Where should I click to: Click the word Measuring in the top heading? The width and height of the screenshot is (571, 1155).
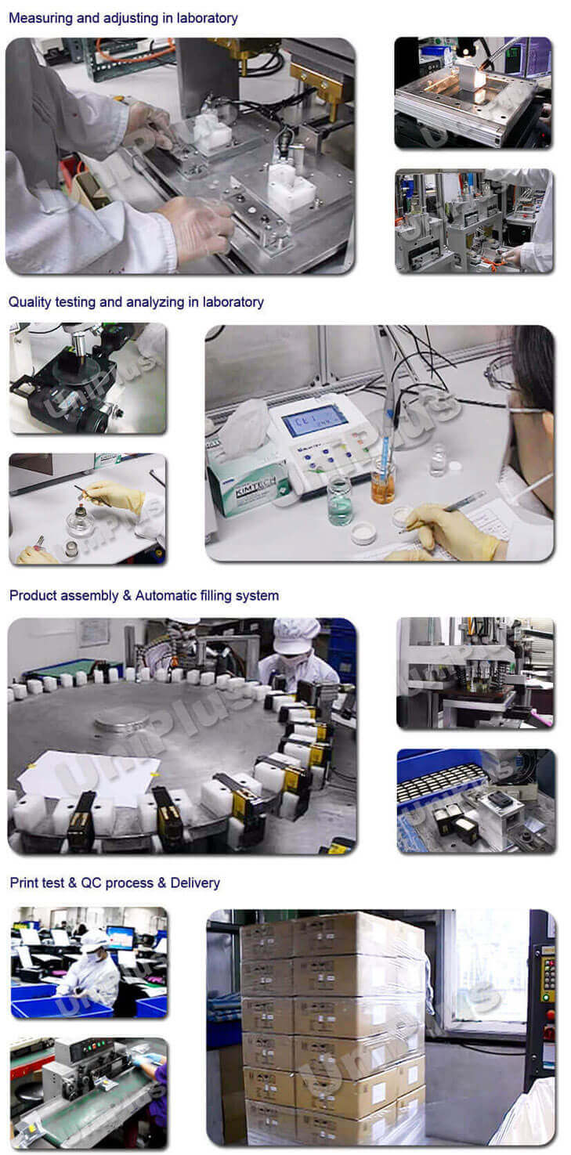tap(39, 18)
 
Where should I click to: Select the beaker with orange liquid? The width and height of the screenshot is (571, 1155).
tap(383, 484)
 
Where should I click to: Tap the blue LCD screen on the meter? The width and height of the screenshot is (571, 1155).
tap(314, 420)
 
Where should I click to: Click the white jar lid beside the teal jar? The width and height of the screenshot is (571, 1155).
tap(364, 532)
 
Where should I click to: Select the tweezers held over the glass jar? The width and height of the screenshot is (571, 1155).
tap(85, 494)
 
